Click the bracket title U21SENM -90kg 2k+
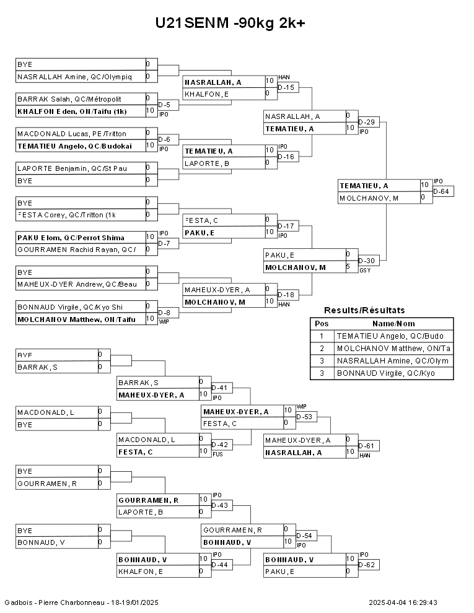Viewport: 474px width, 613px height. pyautogui.click(x=230, y=23)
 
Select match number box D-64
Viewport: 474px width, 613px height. pyautogui.click(x=443, y=191)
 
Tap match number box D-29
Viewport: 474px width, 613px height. pyautogui.click(x=369, y=122)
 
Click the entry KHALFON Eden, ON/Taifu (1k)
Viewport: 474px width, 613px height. pyautogui.click(x=72, y=111)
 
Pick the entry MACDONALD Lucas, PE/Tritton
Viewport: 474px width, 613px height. pyautogui.click(x=72, y=134)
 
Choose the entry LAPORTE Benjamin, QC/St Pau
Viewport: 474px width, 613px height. pyautogui.click(x=72, y=168)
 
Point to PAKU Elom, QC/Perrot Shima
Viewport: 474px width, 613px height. pyautogui.click(x=71, y=238)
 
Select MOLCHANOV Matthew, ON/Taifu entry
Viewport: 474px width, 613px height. pyautogui.click(x=76, y=320)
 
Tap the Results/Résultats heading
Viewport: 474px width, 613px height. pyautogui.click(x=364, y=310)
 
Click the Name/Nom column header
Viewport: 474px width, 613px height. pyautogui.click(x=393, y=324)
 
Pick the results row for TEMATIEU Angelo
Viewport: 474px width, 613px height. pyautogui.click(x=382, y=336)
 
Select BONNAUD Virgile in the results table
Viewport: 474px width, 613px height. pyautogui.click(x=382, y=373)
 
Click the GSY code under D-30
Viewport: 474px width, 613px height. pyautogui.click(x=365, y=271)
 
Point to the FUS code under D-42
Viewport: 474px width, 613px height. pyautogui.click(x=217, y=454)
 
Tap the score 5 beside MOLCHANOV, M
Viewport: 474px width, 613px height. pyautogui.click(x=348, y=267)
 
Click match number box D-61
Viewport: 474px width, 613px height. pyautogui.click(x=369, y=446)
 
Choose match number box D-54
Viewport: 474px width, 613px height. pyautogui.click(x=306, y=536)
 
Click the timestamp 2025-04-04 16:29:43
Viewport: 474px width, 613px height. pyautogui.click(x=403, y=602)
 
